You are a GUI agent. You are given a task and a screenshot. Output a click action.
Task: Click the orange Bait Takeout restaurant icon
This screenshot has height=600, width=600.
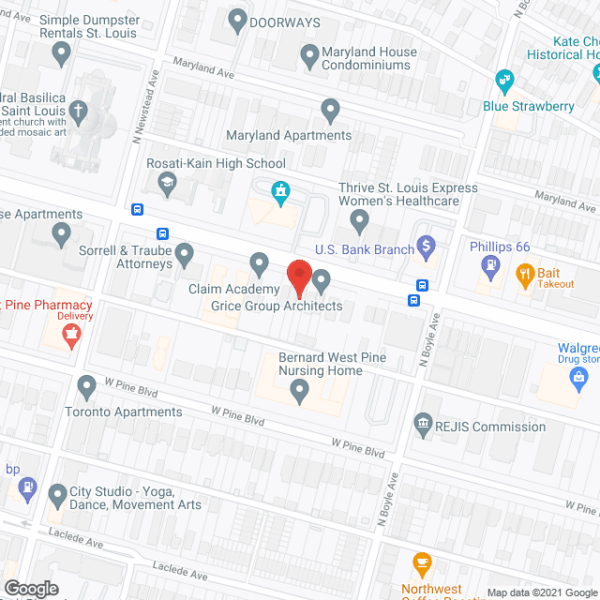[525, 275]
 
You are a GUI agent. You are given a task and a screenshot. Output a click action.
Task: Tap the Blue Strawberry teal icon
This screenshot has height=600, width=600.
[505, 81]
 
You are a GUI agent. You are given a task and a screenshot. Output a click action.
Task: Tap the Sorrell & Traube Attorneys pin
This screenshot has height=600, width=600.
[185, 252]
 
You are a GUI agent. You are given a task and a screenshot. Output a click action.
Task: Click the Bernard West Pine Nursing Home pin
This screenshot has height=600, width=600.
[300, 396]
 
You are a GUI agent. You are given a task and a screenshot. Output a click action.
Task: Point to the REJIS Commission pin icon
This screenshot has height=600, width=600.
[424, 426]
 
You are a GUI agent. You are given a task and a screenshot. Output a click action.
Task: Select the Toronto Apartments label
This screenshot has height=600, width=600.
[123, 412]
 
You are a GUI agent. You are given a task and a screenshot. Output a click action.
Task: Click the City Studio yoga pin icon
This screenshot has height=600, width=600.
[59, 492]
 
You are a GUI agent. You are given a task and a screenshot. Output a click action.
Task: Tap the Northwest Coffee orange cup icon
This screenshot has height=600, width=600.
[422, 565]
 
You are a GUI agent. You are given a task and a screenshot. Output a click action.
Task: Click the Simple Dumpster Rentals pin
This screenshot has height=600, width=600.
[62, 56]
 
